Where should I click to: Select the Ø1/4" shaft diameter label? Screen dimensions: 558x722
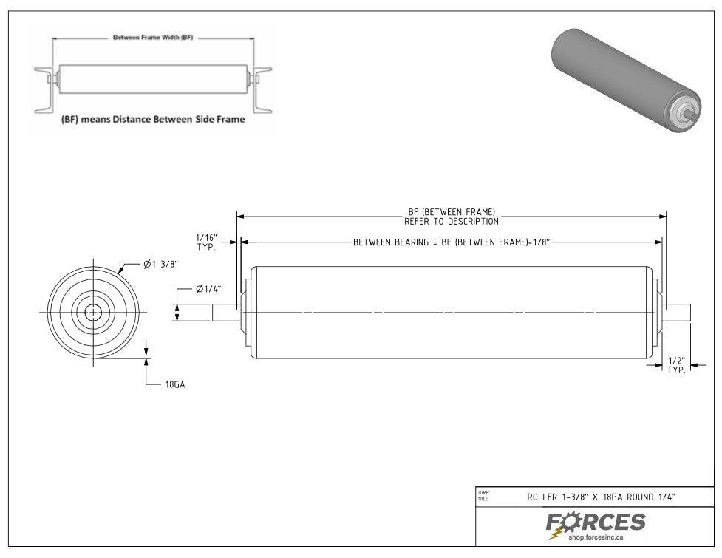(x=209, y=289)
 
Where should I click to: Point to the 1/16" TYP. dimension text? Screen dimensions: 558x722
(x=205, y=242)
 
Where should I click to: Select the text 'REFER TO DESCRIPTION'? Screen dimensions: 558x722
(x=452, y=221)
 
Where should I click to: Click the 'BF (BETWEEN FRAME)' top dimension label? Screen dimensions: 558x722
(x=452, y=212)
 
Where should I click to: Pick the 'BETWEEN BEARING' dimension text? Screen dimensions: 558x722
(x=452, y=242)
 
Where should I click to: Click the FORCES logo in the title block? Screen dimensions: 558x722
(x=596, y=523)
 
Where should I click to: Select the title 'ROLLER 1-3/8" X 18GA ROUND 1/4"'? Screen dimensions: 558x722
(x=600, y=497)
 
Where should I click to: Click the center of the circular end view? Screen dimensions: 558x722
(x=93, y=313)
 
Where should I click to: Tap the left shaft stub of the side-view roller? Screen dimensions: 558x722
(x=225, y=313)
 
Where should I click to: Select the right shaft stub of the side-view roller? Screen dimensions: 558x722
(x=677, y=313)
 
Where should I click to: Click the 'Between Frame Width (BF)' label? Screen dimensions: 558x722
(x=153, y=37)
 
